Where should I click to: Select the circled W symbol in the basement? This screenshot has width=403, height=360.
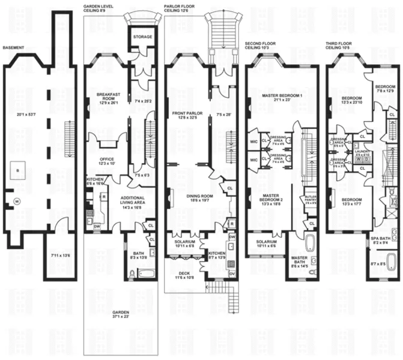[17, 201]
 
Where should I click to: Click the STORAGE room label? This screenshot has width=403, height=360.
[142, 37]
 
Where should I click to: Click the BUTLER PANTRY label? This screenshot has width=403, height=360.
[311, 200]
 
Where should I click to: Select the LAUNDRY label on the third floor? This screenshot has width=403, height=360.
[363, 154]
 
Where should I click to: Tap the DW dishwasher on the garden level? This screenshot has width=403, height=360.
[97, 227]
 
